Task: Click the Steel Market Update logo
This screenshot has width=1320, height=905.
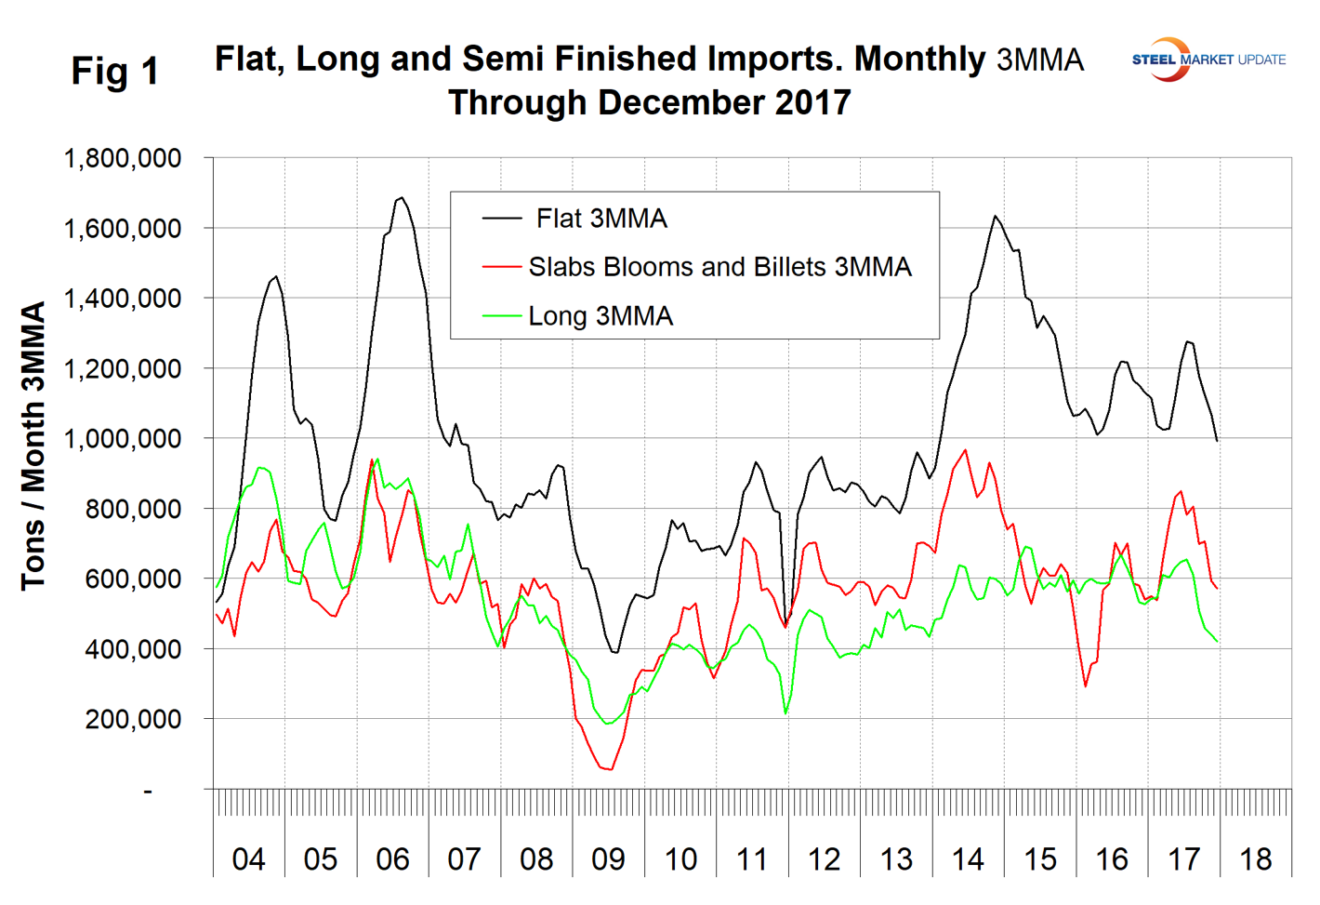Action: (x=1208, y=60)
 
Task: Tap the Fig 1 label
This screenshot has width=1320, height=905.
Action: (x=115, y=72)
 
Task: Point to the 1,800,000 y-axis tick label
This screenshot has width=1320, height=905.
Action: (x=122, y=158)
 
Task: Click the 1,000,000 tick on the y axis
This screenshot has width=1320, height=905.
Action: (x=122, y=438)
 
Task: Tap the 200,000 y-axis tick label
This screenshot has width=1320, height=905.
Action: (x=133, y=719)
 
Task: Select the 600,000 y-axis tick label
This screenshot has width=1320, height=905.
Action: (x=133, y=579)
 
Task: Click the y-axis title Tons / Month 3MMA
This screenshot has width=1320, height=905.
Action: (x=33, y=446)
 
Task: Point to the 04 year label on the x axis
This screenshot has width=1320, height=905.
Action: (x=248, y=858)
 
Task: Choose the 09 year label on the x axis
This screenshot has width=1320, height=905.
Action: (x=608, y=858)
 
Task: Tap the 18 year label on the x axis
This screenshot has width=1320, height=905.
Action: (x=1256, y=858)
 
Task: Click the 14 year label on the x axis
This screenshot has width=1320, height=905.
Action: (x=968, y=858)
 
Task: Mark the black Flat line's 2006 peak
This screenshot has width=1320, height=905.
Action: (x=401, y=197)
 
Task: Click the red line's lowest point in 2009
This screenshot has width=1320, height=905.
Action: (x=611, y=769)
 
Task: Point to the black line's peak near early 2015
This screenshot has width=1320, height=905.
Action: (x=995, y=216)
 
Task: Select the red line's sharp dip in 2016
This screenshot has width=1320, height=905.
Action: (x=1085, y=686)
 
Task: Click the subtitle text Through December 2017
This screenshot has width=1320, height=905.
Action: (x=649, y=102)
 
